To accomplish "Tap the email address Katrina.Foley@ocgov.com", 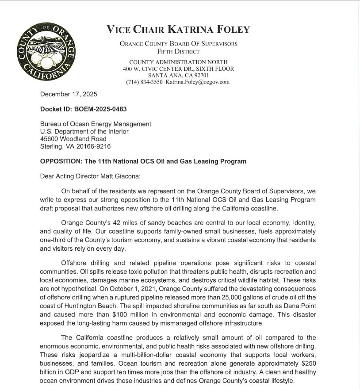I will tap(198, 82).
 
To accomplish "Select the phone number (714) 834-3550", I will tap(144, 82).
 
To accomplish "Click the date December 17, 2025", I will tap(69, 94).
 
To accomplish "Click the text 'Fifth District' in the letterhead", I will tap(178, 51).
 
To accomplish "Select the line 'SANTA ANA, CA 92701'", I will tap(178, 75).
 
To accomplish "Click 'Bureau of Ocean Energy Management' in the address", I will tap(96, 124).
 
